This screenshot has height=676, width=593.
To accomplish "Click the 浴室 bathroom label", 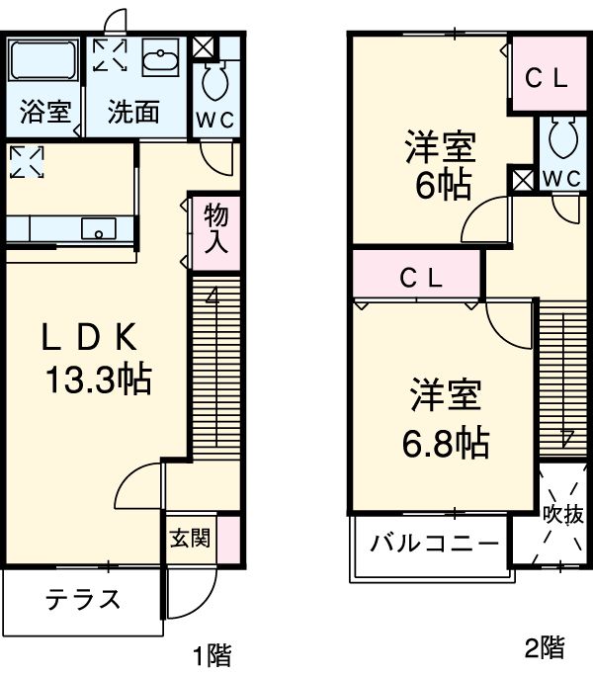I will (x=45, y=112).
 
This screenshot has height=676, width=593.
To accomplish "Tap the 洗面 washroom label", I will (x=133, y=112).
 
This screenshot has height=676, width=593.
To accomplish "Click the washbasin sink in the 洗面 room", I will (x=158, y=61).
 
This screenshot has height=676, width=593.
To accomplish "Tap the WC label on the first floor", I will (x=214, y=122).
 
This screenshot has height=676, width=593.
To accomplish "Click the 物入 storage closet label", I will (x=216, y=228).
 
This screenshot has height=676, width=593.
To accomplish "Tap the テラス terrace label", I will (x=82, y=599).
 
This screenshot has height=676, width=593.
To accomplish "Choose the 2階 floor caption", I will (x=545, y=648).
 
